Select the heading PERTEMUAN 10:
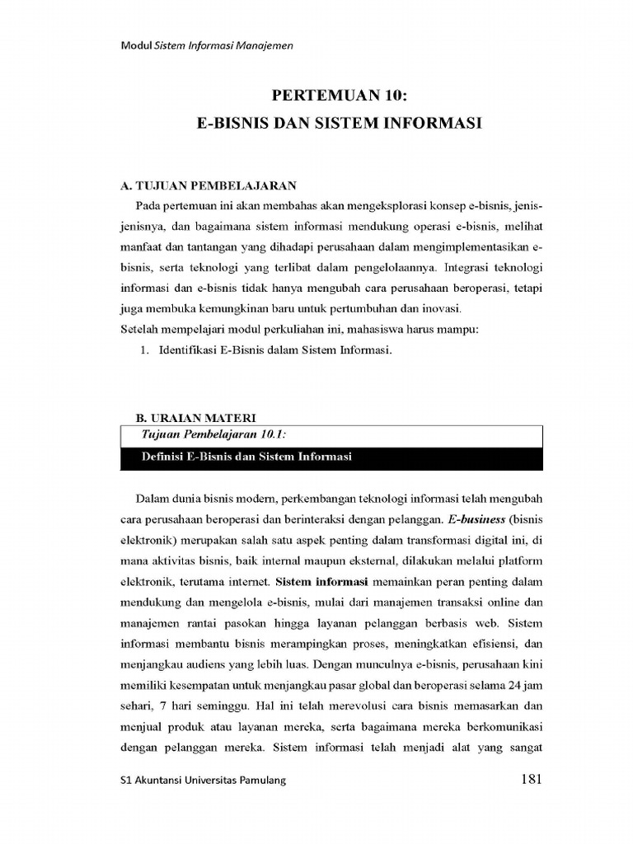coord(340,96)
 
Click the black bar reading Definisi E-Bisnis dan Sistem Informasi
coord(246,457)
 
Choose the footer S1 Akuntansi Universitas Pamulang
coord(204,781)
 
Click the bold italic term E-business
coord(477,520)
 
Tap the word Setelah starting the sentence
coord(139,330)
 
